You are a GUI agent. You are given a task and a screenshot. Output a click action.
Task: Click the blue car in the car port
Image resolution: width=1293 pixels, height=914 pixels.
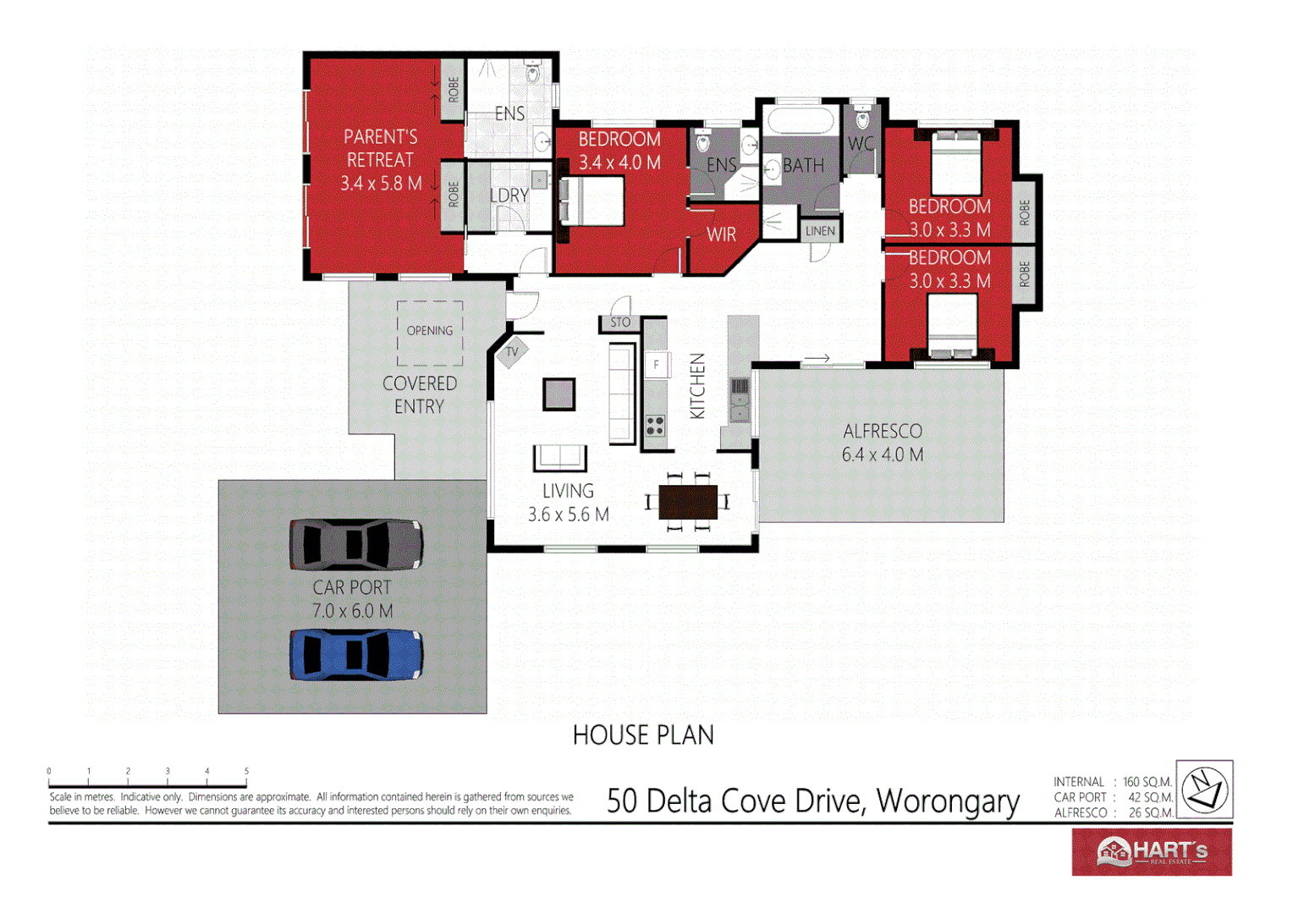356,654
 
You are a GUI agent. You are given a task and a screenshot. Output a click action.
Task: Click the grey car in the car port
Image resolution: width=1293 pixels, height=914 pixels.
356,544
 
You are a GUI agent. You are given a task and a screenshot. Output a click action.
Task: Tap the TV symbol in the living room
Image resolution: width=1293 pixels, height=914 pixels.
512,352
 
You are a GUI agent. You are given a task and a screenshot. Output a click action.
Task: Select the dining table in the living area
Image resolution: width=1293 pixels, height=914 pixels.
688,503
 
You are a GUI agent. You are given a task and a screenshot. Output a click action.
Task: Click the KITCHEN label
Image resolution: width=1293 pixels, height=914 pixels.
697,386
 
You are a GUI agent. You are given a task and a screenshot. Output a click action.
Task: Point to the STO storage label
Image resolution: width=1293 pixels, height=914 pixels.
620,322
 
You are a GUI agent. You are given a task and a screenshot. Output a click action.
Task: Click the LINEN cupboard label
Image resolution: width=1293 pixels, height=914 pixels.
820,231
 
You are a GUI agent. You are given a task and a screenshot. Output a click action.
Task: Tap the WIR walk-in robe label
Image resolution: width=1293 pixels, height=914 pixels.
721,234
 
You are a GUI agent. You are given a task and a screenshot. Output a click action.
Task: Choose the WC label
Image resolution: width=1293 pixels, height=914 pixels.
861,144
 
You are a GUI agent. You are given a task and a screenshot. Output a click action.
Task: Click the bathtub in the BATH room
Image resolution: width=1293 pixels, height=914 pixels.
800,119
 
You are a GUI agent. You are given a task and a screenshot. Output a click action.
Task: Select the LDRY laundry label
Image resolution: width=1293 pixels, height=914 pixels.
509,195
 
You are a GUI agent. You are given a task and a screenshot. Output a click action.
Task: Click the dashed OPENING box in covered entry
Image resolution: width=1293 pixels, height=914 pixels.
430,333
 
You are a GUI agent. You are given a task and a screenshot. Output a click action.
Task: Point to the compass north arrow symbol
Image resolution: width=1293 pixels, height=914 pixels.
1204,789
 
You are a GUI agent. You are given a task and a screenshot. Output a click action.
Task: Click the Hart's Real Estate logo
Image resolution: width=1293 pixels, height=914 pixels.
1152,851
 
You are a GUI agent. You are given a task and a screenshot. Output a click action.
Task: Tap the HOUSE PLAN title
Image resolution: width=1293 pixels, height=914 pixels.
643,735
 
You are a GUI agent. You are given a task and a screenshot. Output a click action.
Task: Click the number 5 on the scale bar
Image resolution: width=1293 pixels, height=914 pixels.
246,771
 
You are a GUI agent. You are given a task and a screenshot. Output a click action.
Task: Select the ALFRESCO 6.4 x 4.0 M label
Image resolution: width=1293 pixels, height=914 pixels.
883,443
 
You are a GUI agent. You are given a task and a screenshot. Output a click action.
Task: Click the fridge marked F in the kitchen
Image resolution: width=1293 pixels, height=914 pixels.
657,365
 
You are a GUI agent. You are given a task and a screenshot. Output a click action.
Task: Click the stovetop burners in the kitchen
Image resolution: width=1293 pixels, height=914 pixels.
656,426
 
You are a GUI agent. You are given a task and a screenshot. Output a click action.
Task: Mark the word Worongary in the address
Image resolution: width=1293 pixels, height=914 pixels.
948,801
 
